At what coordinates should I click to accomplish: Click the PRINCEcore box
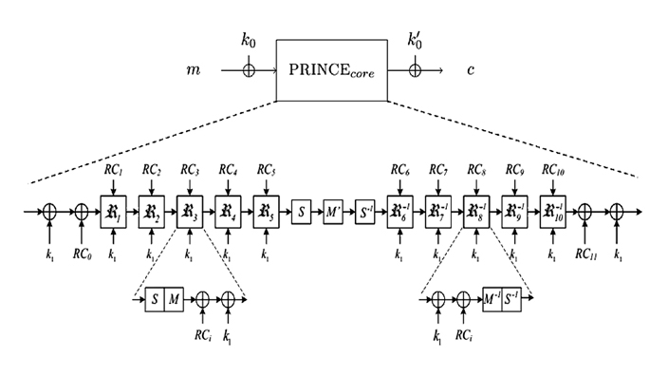tap(331, 69)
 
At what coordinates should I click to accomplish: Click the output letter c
tap(471, 70)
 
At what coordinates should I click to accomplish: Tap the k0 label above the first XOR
tap(249, 41)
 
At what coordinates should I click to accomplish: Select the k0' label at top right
tap(415, 41)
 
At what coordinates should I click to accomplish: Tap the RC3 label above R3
tap(189, 170)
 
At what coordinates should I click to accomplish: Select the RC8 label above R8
tap(475, 170)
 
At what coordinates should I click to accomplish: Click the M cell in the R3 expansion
tap(174, 300)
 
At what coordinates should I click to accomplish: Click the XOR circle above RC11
tap(585, 211)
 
